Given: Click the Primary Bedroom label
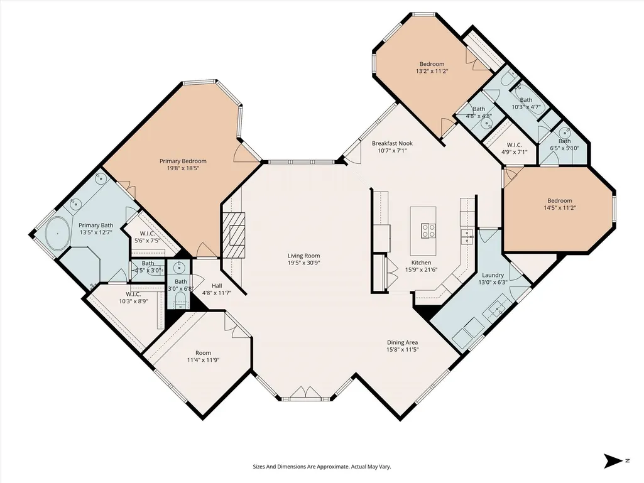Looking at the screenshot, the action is (x=183, y=161).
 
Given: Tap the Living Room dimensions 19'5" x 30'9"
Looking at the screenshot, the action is (x=303, y=263).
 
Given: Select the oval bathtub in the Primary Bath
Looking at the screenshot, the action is (x=57, y=233).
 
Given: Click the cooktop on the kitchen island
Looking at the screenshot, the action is (x=428, y=231).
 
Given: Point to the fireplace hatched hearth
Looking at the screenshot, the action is (x=233, y=234).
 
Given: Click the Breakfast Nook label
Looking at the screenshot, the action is (x=392, y=143).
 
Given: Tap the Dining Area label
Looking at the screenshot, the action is (x=403, y=342).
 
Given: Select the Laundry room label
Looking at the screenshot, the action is (x=493, y=275).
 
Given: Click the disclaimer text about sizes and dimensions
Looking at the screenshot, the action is (x=322, y=467).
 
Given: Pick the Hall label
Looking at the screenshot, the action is (x=217, y=286).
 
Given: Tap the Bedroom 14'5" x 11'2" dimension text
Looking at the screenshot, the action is (x=559, y=208).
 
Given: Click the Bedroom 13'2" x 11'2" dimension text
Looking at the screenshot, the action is (x=432, y=71).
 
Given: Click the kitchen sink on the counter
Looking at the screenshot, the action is (x=467, y=234).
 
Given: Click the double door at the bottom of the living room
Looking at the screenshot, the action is (x=305, y=393).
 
